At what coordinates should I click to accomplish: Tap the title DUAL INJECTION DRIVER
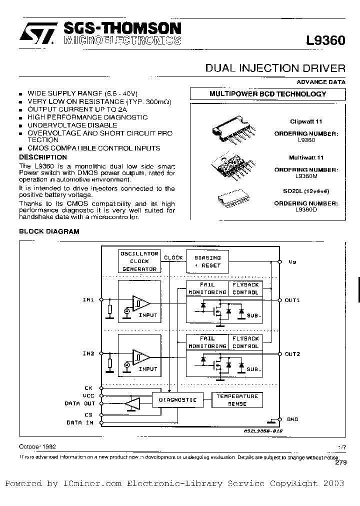pyautogui.click(x=275, y=68)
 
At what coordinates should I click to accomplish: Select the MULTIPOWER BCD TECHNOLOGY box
pyautogui.click(x=267, y=94)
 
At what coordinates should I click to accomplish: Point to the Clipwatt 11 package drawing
pyautogui.click(x=232, y=132)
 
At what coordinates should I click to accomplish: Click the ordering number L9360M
pyautogui.click(x=306, y=176)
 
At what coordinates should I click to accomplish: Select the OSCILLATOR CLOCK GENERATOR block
pyautogui.click(x=139, y=261)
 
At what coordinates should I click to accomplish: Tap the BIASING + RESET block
pyautogui.click(x=207, y=261)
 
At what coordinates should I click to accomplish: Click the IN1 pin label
pyautogui.click(x=88, y=300)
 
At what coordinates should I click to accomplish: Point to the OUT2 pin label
pyautogui.click(x=292, y=354)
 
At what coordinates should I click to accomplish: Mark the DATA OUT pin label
pyautogui.click(x=79, y=403)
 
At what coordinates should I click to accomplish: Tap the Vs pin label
pyautogui.click(x=292, y=261)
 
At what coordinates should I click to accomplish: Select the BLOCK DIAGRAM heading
pyautogui.click(x=49, y=232)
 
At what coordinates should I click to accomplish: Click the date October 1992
pyautogui.click(x=38, y=446)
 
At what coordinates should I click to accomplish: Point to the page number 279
pyautogui.click(x=340, y=463)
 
